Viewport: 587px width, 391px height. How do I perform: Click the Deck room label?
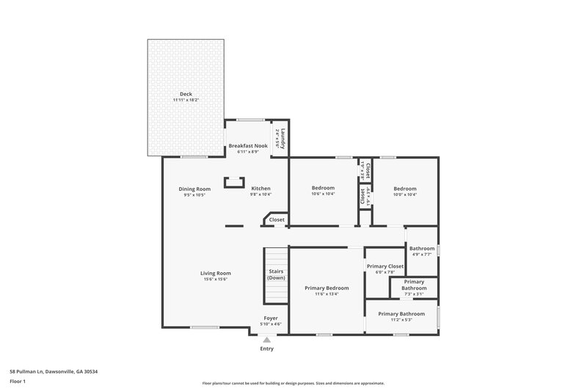(186, 94)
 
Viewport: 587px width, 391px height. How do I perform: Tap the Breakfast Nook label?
(247, 146)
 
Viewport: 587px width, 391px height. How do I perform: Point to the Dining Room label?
(194, 189)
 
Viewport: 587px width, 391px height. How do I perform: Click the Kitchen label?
(261, 189)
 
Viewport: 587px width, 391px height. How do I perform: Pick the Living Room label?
(216, 274)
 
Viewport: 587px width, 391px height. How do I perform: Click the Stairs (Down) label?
(276, 274)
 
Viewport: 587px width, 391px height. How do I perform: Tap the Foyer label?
(271, 318)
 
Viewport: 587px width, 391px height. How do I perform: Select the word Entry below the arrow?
(266, 348)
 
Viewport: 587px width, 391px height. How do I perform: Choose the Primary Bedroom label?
(327, 288)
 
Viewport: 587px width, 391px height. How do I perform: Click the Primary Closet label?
(385, 266)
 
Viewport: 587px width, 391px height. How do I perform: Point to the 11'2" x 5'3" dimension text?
(401, 319)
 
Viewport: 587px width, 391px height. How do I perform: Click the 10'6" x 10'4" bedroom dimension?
(324, 194)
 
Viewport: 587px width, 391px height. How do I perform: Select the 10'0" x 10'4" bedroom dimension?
(404, 194)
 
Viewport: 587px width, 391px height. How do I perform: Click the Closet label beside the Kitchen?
(277, 219)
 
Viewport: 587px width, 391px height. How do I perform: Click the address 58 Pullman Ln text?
(54, 371)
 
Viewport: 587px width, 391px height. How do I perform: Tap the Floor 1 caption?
(18, 381)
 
